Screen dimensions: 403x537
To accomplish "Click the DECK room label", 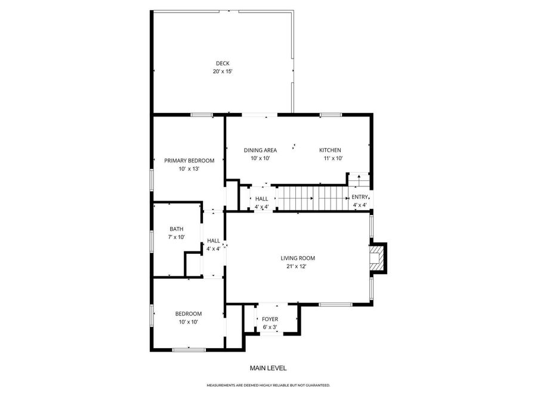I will pos(222,63).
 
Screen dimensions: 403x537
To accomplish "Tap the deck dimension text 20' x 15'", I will pos(222,72).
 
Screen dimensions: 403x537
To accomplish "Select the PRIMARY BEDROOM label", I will pos(189,161).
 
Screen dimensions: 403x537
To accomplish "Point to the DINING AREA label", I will pos(260,150).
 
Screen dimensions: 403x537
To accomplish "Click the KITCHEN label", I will pos(330,150).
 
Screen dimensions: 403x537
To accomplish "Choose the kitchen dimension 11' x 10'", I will pos(333,158).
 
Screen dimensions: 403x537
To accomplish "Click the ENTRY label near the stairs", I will pos(360,197).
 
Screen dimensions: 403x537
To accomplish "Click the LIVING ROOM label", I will pos(298,259).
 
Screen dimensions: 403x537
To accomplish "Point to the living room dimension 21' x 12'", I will pos(296,267).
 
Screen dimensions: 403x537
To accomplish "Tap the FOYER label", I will pos(270,319).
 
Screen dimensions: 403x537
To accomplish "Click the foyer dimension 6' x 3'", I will pos(270,327).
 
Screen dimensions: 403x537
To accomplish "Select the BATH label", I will pos(176,229).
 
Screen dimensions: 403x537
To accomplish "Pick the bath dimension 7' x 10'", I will pos(176,237).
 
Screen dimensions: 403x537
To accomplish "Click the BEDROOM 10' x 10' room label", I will pos(188,314).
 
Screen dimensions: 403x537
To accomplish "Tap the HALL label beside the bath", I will pos(214,241).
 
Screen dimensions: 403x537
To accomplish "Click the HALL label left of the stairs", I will pos(261,199).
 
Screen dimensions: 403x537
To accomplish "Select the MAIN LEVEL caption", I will pos(268,368).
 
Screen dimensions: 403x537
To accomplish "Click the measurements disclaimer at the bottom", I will pos(268,386).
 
